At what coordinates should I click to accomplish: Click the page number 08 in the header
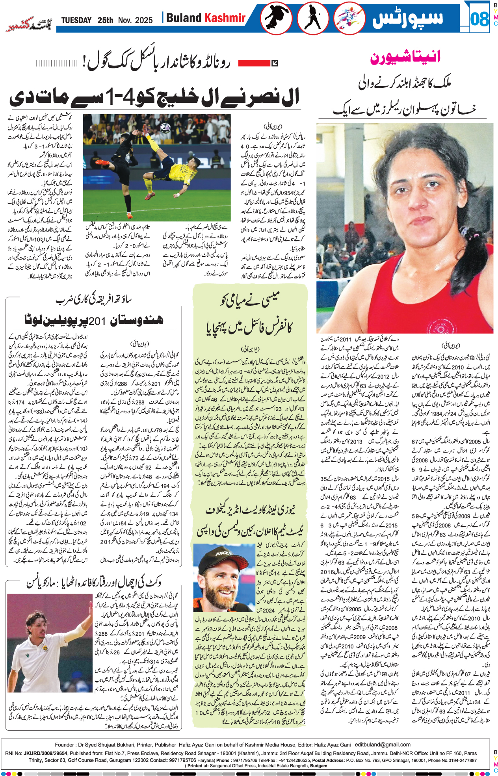[x=479, y=19]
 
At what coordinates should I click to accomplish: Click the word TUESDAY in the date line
[x=76, y=20]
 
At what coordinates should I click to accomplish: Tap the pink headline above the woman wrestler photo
[x=405, y=58]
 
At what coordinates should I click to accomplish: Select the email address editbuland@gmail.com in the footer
[x=383, y=744]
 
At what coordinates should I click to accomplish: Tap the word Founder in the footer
[x=65, y=745]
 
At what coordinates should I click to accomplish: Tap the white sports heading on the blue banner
[x=407, y=19]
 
